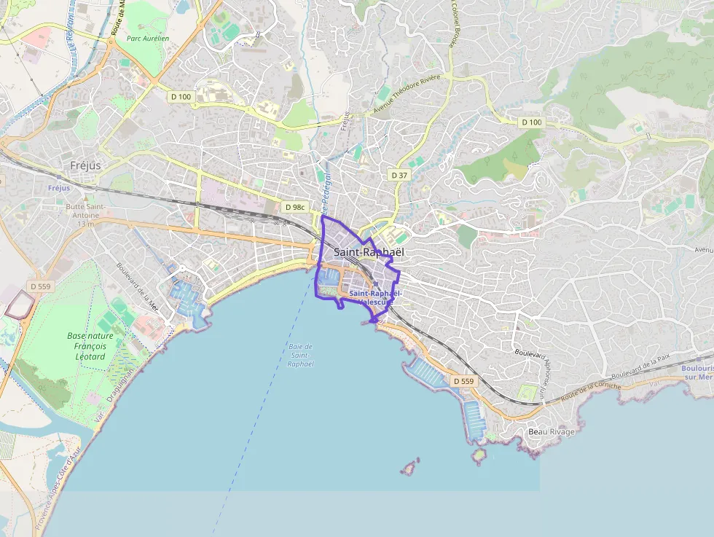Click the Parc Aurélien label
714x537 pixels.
[x=147, y=38]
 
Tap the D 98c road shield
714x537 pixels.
[x=295, y=208]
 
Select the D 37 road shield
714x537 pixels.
[x=399, y=175]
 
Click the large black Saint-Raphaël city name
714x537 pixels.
[x=368, y=252]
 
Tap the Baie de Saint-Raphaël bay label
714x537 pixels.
[x=300, y=355]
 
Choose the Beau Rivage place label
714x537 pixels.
[x=552, y=432]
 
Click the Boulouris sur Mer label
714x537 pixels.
[x=697, y=372]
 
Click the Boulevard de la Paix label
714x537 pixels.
[x=640, y=365]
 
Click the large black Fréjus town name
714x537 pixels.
[x=85, y=165]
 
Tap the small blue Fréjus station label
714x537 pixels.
[x=59, y=187]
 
